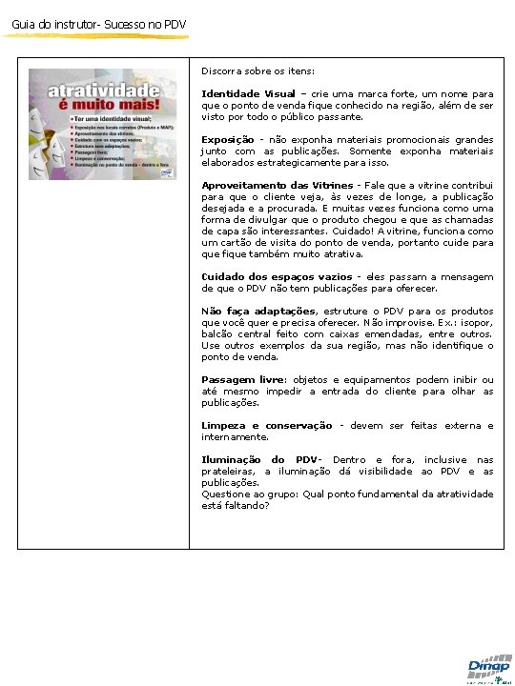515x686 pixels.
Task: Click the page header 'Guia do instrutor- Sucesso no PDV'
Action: point(93,23)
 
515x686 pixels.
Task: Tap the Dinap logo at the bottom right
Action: point(487,668)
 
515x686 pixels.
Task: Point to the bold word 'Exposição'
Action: point(227,140)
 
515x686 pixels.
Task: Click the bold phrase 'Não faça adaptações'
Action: point(258,312)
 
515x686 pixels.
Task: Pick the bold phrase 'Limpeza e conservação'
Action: point(266,426)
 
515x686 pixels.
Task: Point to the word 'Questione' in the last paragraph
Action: point(226,494)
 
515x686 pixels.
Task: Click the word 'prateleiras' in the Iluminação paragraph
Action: point(228,472)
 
